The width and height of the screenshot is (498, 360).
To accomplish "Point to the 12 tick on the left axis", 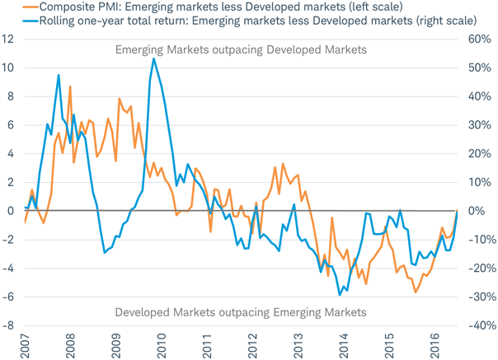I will [x=9, y=39].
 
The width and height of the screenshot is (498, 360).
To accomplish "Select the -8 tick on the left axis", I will [x=8, y=325].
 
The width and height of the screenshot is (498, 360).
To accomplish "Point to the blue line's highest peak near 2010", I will [x=153, y=58].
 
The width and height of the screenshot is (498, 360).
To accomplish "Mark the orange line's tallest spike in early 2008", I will [x=70, y=86].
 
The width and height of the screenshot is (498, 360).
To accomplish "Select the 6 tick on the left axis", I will [x=11, y=124].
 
